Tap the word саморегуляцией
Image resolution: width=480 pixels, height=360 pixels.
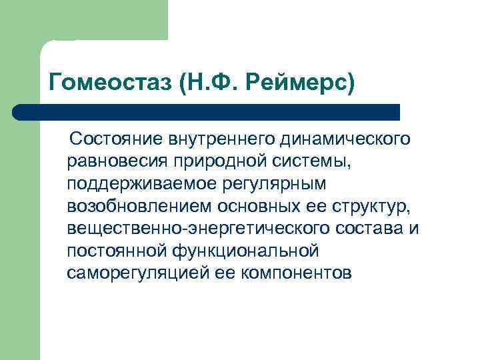point(137,274)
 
